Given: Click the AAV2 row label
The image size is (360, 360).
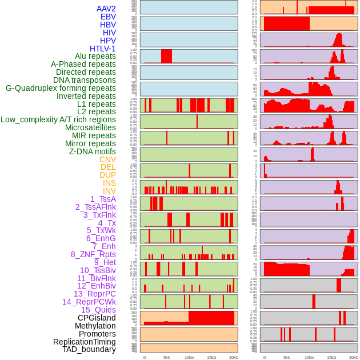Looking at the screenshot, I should (x=106, y=9).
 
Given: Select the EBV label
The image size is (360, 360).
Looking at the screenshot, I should (x=108, y=17).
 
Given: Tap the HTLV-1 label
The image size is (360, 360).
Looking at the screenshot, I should (x=103, y=49).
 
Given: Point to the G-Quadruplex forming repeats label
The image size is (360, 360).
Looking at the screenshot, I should (x=61, y=88).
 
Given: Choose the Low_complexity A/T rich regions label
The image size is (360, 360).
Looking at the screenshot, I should (x=58, y=119).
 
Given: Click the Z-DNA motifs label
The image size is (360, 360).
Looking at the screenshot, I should (x=93, y=151).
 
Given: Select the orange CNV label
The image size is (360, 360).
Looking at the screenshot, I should (x=107, y=159).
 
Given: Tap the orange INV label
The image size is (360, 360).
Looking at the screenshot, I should (x=109, y=191).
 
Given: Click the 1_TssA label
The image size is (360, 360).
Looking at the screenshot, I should (x=103, y=199).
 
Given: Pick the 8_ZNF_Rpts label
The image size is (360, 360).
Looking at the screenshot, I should (x=93, y=254).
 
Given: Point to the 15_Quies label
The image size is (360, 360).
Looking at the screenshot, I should (x=98, y=310).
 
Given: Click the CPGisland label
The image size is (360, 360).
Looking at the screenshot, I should (x=97, y=318).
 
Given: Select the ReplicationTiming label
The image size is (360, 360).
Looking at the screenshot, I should (x=85, y=342).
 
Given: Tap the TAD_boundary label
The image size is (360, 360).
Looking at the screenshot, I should (x=89, y=349).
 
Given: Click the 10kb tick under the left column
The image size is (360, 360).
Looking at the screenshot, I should (x=189, y=357).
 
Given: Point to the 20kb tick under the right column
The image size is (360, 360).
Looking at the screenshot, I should (x=354, y=357).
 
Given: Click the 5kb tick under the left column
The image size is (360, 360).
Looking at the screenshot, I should (x=167, y=357).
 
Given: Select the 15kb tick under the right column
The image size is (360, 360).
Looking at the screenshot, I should (x=331, y=357).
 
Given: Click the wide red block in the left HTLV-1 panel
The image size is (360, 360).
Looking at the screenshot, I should (x=166, y=56).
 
